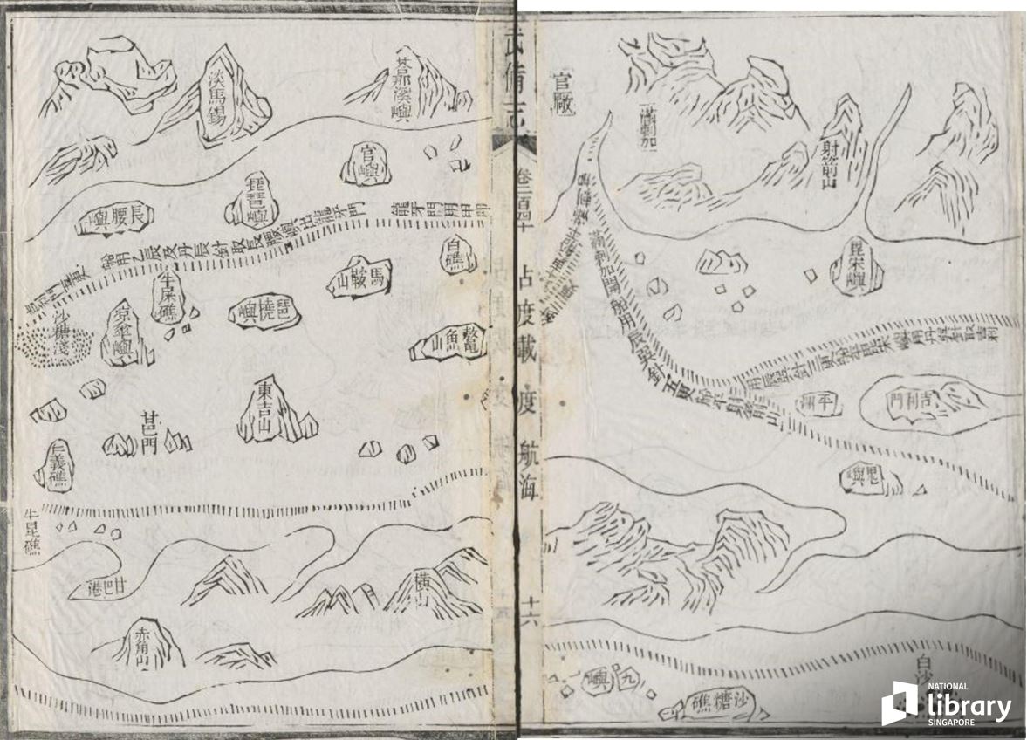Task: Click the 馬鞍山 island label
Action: click(x=359, y=279)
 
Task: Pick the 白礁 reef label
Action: click(x=455, y=255)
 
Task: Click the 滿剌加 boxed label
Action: click(x=647, y=132)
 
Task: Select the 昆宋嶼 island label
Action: click(x=852, y=267)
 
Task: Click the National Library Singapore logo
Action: click(x=947, y=703)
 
